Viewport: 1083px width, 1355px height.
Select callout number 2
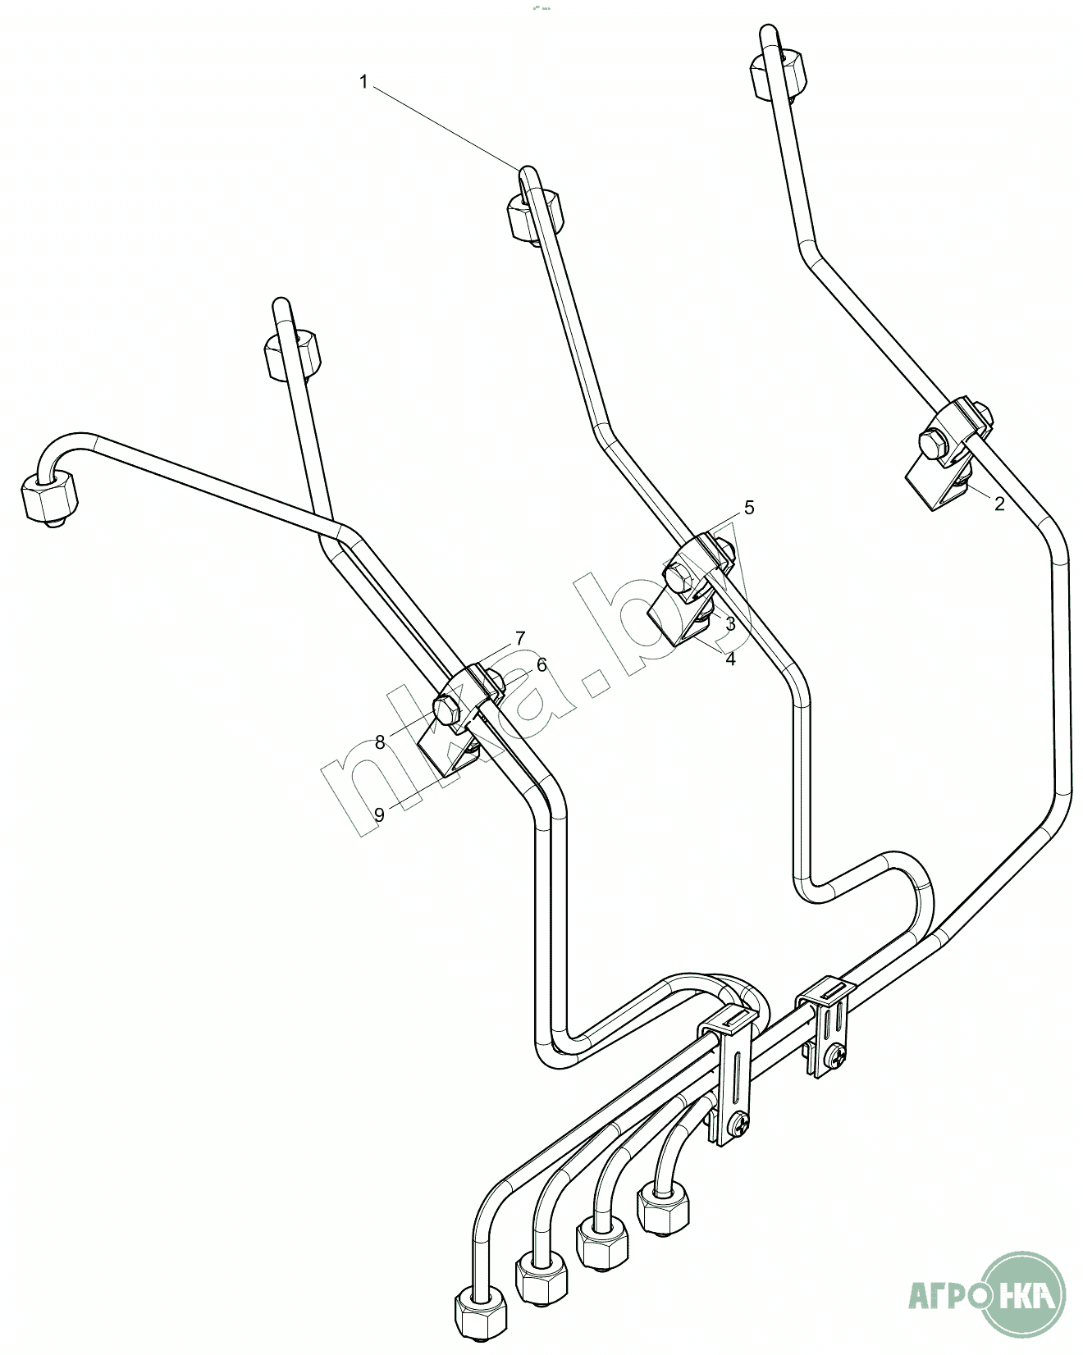[x=998, y=504]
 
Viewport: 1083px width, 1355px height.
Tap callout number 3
[x=729, y=623]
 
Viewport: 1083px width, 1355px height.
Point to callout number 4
[x=729, y=658]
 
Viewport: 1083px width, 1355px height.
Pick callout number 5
[x=748, y=508]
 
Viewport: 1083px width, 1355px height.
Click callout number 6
[x=541, y=664]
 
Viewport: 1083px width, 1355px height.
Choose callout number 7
[x=519, y=637]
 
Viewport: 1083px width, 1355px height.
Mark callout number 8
[x=379, y=742]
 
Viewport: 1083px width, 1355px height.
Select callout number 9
[x=379, y=814]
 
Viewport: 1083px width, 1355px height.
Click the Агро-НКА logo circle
[x=1025, y=1297]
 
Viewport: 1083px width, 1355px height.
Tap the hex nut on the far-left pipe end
[x=49, y=497]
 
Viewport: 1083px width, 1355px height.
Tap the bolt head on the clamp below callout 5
[x=683, y=578]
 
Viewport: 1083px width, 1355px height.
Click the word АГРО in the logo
[x=944, y=1298]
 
